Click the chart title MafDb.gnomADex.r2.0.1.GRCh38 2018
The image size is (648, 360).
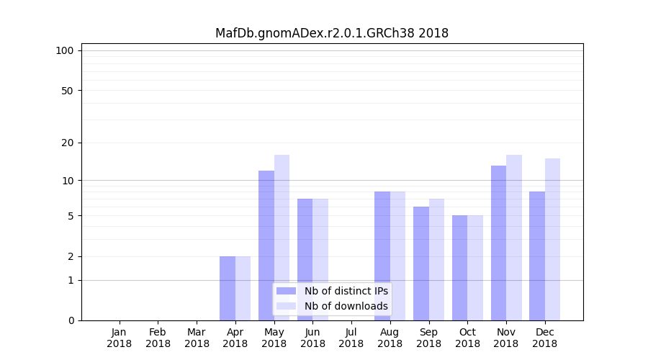[332, 33]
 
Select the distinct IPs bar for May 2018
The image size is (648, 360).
[266, 245]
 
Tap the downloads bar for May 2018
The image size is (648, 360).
[282, 238]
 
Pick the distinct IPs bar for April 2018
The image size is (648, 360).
[228, 288]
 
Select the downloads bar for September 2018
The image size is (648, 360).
[436, 259]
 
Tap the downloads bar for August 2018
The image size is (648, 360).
[397, 256]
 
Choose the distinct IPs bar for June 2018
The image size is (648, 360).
[305, 259]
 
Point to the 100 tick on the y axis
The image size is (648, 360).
[65, 50]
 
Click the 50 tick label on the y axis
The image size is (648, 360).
[67, 91]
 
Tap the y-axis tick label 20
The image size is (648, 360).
[67, 143]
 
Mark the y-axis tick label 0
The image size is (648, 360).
[71, 320]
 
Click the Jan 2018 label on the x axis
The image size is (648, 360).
[120, 338]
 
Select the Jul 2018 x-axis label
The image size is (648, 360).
[351, 338]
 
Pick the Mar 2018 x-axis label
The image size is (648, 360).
[197, 338]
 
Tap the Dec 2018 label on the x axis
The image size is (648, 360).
[544, 338]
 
